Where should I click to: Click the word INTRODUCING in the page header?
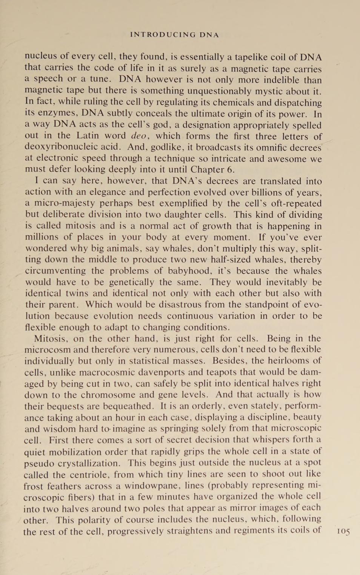coord(163,35)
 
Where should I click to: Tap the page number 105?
coord(343,532)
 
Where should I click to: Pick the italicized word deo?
coord(138,136)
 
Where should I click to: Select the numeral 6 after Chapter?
coord(231,170)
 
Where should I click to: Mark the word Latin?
coord(89,136)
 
